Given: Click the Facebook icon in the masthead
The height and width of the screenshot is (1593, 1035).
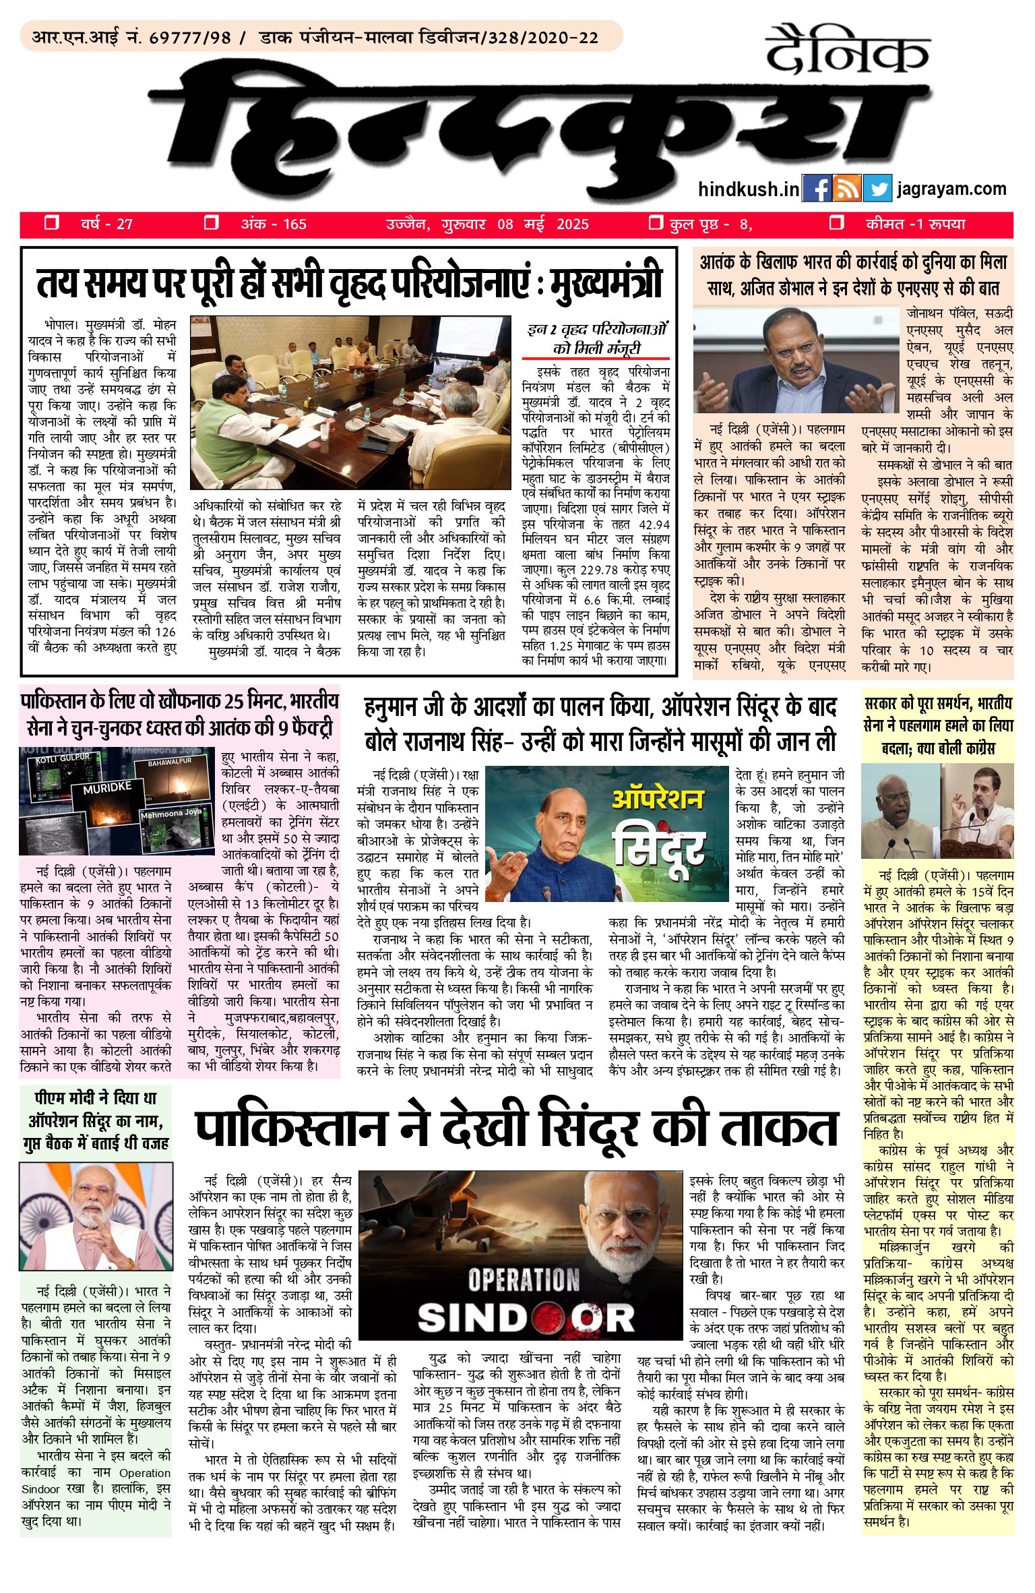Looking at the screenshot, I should (817, 189).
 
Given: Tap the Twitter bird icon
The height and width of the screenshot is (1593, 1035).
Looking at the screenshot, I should (876, 189).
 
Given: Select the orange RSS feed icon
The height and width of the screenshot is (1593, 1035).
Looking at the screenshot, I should (847, 189).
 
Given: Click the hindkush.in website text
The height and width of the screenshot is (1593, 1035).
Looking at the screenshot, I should (749, 189).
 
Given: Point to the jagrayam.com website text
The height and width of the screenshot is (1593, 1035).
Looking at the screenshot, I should (951, 189).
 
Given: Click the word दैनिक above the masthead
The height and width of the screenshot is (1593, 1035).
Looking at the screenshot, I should (847, 51).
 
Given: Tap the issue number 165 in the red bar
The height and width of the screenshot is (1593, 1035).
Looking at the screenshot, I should (294, 224).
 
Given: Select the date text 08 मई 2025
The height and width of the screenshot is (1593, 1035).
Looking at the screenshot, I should (542, 224).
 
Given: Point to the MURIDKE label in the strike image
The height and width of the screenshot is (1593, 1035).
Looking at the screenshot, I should (107, 788).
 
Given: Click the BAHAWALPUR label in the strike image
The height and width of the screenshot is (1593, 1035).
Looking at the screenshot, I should (170, 762).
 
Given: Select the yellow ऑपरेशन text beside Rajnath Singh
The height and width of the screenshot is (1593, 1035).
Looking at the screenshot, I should (657, 800).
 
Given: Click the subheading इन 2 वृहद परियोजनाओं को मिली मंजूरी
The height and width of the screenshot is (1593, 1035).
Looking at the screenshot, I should (596, 339).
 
